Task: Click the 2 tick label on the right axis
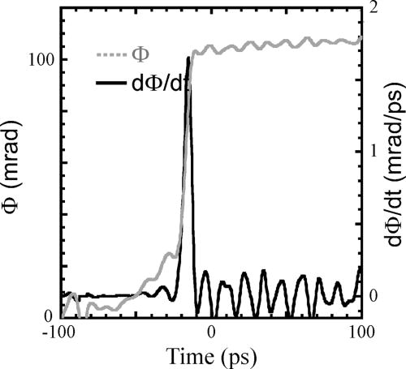coord(373,8)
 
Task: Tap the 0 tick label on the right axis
coord(373,296)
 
